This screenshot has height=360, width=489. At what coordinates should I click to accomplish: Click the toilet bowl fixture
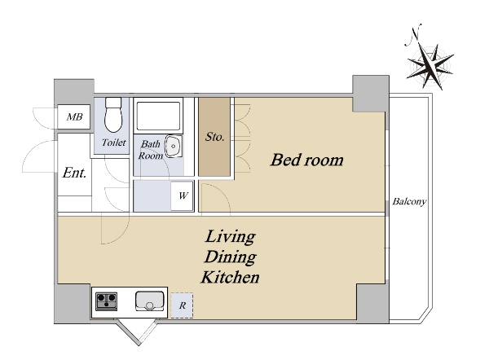[113, 115]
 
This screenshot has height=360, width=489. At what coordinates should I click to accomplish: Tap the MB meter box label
[74, 117]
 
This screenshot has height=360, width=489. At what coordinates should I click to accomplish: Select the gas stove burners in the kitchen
[106, 301]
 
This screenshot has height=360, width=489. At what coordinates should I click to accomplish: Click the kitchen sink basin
[150, 301]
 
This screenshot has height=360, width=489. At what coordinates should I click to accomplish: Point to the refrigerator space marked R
[182, 305]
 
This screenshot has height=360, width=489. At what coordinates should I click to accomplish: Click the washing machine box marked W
[183, 195]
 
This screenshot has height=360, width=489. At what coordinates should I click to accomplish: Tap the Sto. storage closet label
[214, 137]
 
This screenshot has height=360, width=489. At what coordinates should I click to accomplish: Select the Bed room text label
[307, 160]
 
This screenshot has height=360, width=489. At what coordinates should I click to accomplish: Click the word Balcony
[409, 202]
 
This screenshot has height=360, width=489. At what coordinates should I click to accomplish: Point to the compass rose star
[430, 66]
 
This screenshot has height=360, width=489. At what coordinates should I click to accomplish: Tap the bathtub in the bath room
[158, 116]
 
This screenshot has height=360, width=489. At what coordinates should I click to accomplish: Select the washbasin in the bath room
[174, 146]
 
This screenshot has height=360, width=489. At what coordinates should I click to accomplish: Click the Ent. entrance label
[74, 173]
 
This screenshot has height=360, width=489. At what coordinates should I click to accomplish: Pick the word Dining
[230, 257]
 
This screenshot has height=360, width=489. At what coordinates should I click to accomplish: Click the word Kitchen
[230, 278]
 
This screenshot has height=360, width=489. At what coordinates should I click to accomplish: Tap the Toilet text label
[114, 143]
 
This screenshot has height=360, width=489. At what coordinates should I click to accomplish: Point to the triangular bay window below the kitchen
[138, 331]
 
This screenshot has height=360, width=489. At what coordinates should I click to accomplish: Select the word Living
[231, 238]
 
